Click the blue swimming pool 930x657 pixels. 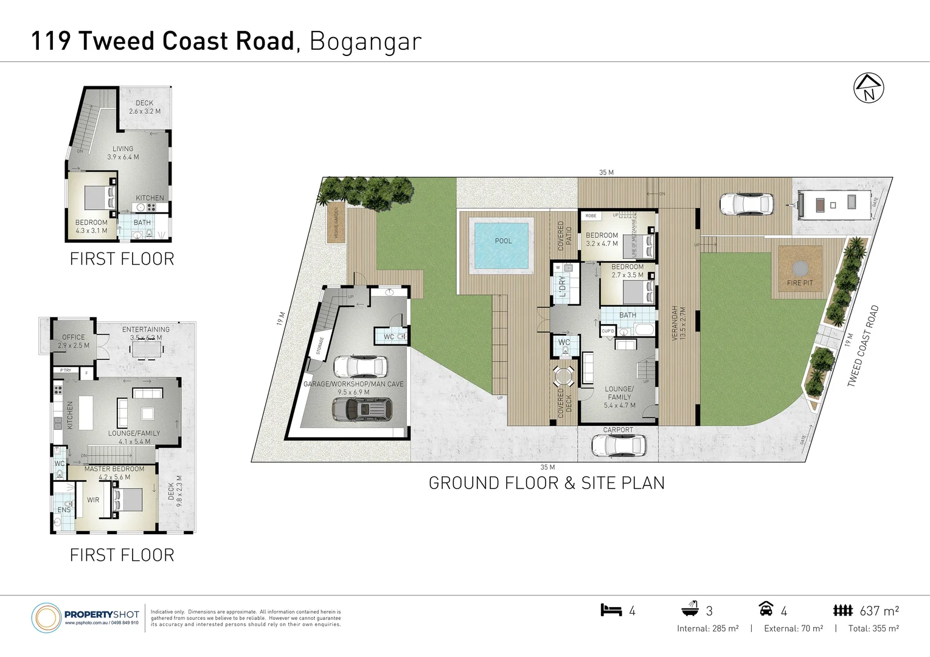[x=502, y=245]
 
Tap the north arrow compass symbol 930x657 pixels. [x=869, y=88]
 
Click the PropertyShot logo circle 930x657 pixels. [x=46, y=618]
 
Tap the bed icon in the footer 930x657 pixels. [x=611, y=610]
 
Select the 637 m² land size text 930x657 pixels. [x=879, y=611]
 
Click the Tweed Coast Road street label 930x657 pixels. [x=862, y=346]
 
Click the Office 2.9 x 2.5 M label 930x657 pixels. [x=74, y=341]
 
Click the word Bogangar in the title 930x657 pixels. [x=365, y=41]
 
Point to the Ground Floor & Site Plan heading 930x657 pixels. [x=546, y=483]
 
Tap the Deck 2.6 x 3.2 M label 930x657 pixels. [x=145, y=107]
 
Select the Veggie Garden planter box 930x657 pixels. [x=336, y=223]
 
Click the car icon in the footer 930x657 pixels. [x=766, y=608]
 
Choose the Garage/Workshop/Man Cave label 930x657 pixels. [x=353, y=388]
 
